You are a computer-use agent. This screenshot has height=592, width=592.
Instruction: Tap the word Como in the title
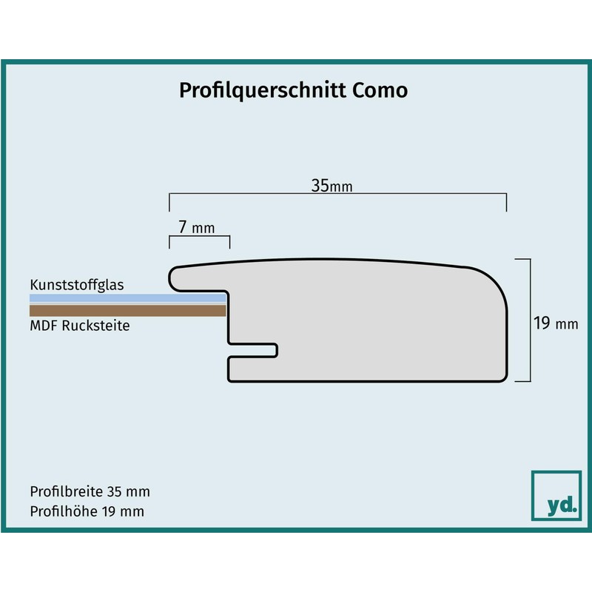pos(390,90)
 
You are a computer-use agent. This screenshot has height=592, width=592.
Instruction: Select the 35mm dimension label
pos(331,186)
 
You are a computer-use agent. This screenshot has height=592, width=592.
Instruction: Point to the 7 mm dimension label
pos(196,228)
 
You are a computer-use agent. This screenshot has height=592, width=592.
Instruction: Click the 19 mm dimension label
pos(555,323)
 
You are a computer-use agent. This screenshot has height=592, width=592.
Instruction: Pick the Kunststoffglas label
pos(77,285)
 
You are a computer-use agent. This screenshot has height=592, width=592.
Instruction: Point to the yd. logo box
pos(556,495)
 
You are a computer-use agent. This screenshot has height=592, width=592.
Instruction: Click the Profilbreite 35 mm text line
pos(90,491)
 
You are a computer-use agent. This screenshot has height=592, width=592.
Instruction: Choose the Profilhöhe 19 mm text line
pos(87,511)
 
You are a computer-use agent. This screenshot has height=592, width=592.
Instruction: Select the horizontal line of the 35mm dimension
pos(337,195)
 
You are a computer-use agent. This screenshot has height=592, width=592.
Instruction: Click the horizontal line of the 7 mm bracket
pos(200,237)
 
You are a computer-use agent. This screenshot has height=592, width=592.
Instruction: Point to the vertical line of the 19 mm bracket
pos(531,320)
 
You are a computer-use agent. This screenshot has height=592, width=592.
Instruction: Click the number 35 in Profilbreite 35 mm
pos(114,491)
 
